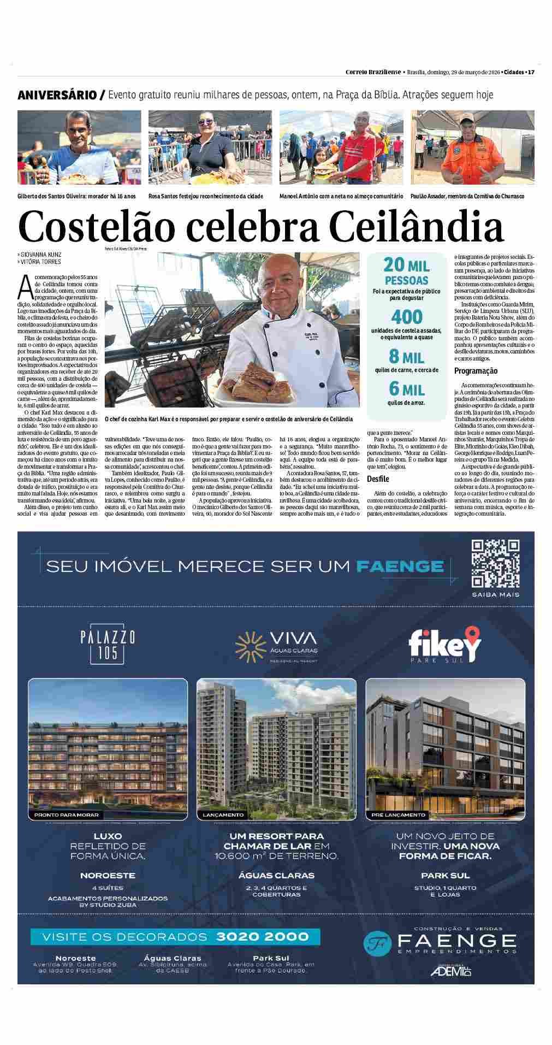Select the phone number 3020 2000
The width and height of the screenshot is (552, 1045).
(263, 936)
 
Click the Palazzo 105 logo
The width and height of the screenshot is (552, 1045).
(107, 645)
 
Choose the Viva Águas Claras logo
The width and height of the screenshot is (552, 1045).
(276, 645)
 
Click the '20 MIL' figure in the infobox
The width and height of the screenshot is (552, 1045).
(406, 265)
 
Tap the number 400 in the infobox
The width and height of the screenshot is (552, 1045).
(406, 317)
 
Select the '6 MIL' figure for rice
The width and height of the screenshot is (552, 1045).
(406, 389)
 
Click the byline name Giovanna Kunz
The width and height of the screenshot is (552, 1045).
(41, 255)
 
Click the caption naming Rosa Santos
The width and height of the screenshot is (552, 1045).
(205, 196)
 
